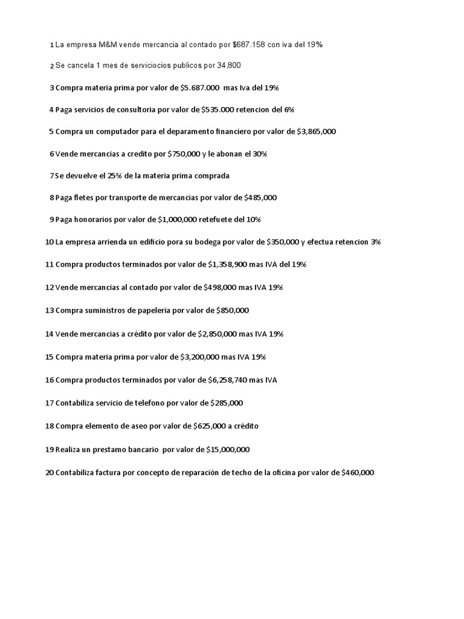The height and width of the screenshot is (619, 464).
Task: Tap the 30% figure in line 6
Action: [x=259, y=154]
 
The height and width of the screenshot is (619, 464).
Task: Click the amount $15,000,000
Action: [x=219, y=449]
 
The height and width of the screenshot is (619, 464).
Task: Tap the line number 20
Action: [x=49, y=473]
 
